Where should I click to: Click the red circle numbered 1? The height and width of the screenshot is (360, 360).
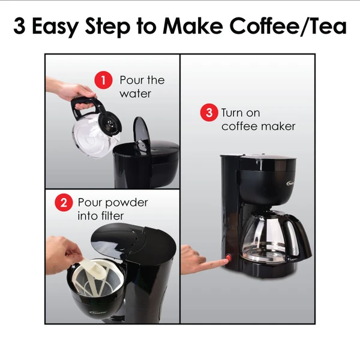[103, 80]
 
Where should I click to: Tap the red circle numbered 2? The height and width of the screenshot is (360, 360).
[64, 203]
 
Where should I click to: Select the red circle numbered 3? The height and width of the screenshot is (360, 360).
[209, 113]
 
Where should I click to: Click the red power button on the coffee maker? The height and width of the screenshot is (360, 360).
[229, 258]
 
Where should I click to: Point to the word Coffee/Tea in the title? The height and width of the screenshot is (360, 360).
[288, 26]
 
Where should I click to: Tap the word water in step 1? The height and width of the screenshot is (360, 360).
[135, 94]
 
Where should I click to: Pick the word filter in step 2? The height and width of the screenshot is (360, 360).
[112, 216]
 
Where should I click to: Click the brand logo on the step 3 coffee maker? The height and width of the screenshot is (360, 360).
[290, 184]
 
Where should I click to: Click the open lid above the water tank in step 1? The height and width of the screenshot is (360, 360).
[142, 134]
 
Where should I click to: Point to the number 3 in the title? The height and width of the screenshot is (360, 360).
[19, 26]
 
